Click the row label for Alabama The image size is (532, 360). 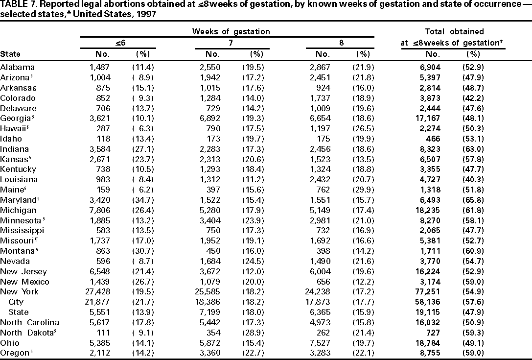pos(18,67)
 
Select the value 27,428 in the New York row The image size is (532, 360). pos(98,291)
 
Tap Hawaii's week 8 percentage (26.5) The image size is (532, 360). pos(363,128)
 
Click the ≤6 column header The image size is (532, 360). pos(120,43)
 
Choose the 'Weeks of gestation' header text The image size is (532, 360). pos(231,31)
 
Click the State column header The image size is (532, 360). pos(10,54)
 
